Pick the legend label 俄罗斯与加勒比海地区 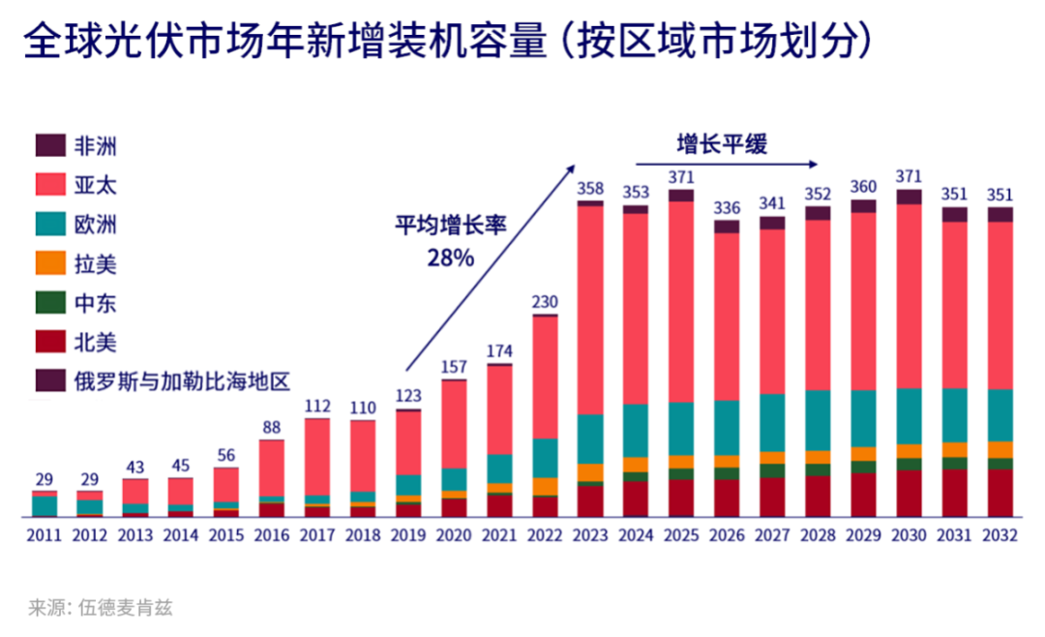click(x=182, y=380)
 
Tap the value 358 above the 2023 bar click(x=589, y=188)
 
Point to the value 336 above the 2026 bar click(x=727, y=207)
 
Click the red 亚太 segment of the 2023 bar click(x=589, y=310)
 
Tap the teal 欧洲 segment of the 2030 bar click(x=909, y=415)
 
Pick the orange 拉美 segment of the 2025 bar click(x=681, y=462)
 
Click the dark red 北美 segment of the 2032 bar click(x=1000, y=494)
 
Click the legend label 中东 click(x=95, y=303)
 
